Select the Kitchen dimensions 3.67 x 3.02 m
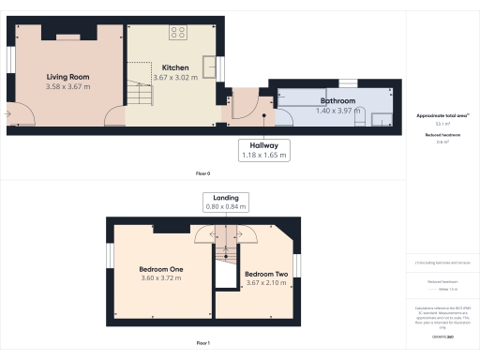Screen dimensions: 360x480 (175, 78)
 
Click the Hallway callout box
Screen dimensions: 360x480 (264, 150)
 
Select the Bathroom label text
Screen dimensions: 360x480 (337, 99)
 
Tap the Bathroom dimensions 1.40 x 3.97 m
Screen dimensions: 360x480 (337, 110)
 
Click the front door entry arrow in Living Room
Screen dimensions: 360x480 (7, 114)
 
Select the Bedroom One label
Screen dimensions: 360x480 (161, 269)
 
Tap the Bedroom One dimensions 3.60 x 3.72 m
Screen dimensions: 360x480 (161, 278)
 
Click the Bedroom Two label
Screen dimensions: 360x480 (264, 275)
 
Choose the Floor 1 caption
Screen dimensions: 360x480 (202, 343)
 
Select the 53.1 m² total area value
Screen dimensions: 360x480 (442, 124)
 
